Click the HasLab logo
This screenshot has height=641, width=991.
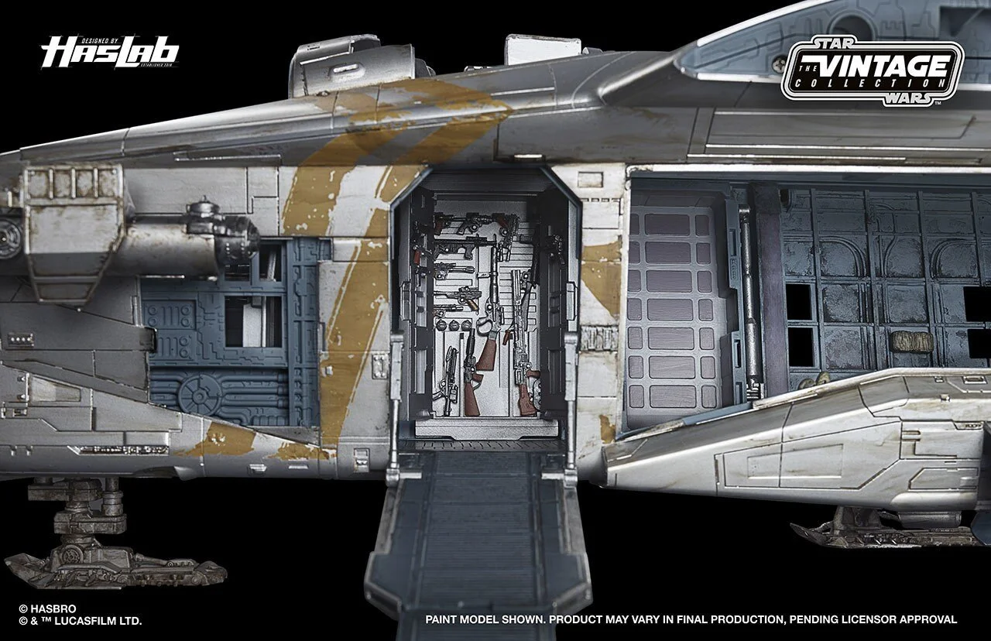(x=110, y=53)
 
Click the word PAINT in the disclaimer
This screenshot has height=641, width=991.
(x=444, y=620)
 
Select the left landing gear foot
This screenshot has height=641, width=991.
(x=116, y=561)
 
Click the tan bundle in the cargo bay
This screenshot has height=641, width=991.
(x=911, y=341)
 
